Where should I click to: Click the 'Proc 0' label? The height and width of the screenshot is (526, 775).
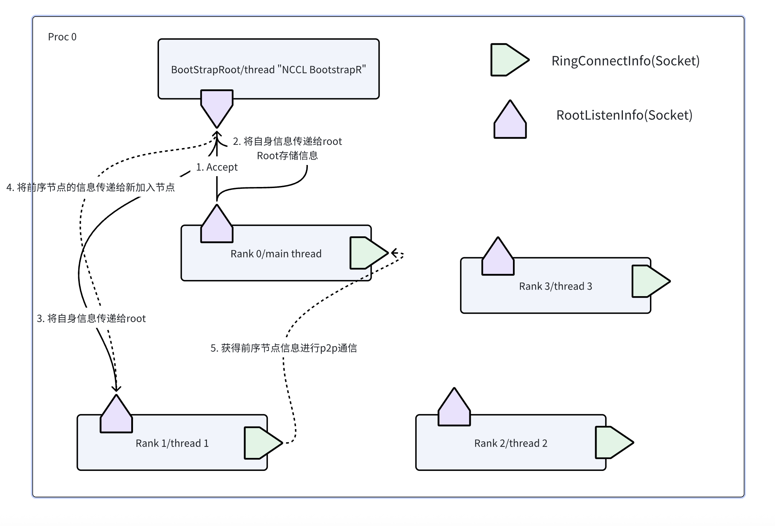(62, 37)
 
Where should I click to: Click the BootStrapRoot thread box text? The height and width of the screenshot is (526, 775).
(268, 70)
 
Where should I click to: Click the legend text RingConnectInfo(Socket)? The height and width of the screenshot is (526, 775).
(625, 61)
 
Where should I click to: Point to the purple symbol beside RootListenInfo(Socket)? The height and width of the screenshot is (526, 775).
(510, 121)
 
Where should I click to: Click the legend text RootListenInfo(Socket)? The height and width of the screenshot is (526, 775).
(624, 115)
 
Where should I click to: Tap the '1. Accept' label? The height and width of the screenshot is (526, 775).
(217, 167)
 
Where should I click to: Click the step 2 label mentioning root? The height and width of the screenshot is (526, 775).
(287, 141)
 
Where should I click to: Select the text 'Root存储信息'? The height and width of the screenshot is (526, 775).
(287, 156)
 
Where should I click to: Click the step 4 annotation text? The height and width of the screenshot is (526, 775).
(90, 187)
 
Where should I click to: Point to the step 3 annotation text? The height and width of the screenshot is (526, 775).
(91, 318)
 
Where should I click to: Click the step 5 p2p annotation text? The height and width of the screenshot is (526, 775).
(284, 348)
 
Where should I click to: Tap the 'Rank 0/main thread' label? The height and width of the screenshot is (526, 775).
(276, 254)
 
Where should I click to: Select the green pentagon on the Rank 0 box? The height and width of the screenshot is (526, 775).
(367, 253)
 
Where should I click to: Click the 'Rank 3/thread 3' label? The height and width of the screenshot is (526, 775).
(555, 286)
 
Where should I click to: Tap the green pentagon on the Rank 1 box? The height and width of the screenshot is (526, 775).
(261, 443)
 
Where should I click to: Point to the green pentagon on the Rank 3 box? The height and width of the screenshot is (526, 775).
(649, 281)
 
